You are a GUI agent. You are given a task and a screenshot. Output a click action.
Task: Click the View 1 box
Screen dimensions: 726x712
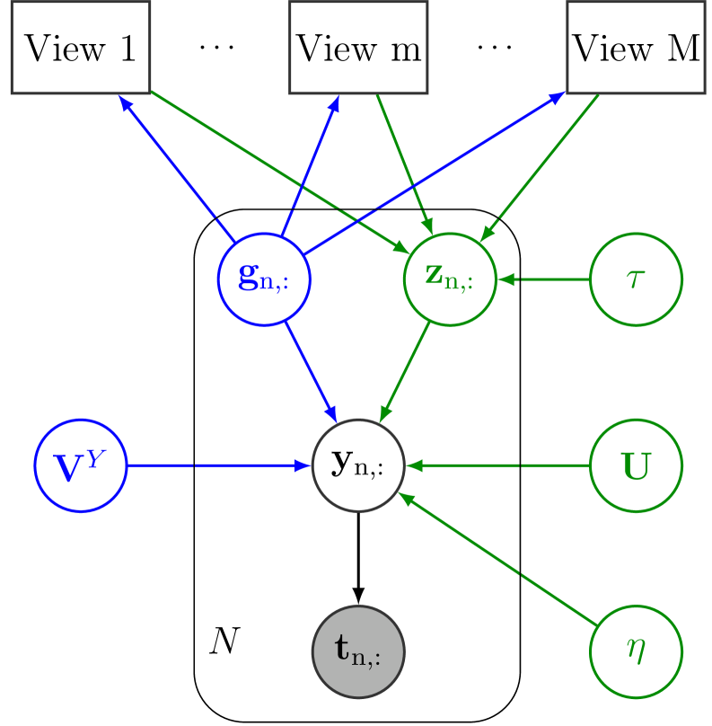pos(80,48)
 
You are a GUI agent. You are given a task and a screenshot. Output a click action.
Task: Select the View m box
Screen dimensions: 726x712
pos(358,48)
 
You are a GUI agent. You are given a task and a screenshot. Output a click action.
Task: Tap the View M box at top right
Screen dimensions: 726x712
pos(636,48)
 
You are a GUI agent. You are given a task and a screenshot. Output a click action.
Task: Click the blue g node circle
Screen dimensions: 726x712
pos(265,279)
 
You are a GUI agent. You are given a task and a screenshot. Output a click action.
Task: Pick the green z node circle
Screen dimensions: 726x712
pos(449,279)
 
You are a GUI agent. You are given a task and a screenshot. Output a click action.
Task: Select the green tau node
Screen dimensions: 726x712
pos(636,279)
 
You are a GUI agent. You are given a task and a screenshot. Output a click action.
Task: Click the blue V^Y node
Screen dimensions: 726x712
pos(80,465)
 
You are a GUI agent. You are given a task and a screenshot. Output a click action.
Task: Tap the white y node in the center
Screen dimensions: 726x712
pos(358,465)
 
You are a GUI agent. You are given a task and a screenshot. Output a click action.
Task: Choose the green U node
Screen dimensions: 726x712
pos(636,465)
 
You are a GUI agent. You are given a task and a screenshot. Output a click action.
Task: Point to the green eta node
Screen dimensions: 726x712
pos(636,650)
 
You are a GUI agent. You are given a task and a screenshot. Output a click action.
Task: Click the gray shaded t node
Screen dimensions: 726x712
pos(358,650)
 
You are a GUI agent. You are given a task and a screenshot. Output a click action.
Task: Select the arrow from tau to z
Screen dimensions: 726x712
pos(542,279)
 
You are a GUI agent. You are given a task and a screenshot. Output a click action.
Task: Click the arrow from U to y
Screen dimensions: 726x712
pos(498,465)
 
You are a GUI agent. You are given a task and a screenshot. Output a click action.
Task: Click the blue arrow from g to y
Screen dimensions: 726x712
pos(311,371)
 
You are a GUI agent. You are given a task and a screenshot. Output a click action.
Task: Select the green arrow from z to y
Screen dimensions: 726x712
pos(404,371)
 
